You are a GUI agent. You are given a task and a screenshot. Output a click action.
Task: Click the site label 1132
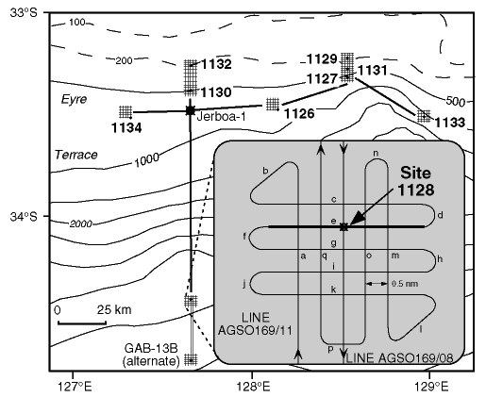click(x=216, y=64)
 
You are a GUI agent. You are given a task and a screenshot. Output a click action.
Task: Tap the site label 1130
click(x=216, y=92)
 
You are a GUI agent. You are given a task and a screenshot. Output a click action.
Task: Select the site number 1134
click(x=126, y=128)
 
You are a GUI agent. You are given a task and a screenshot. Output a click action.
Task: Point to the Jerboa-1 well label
click(x=221, y=117)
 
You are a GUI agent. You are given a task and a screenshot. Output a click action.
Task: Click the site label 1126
click(x=299, y=114)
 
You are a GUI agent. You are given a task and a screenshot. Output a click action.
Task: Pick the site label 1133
click(x=449, y=123)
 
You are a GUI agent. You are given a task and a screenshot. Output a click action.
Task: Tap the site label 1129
click(x=322, y=59)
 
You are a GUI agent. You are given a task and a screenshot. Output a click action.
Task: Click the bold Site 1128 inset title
click(x=416, y=181)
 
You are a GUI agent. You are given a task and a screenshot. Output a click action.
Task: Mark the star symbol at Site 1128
click(x=344, y=227)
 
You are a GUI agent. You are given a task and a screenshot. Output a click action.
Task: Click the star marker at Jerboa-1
click(x=190, y=110)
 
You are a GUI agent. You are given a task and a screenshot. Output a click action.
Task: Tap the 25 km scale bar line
click(x=82, y=323)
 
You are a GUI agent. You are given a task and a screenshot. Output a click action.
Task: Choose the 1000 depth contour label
click(x=147, y=160)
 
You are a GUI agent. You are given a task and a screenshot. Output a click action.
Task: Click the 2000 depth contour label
click(x=81, y=223)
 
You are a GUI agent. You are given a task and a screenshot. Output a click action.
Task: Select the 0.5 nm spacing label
click(x=405, y=284)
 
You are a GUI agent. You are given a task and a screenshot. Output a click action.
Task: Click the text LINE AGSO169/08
click(x=399, y=358)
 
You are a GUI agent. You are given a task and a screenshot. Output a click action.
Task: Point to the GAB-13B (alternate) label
click(x=151, y=355)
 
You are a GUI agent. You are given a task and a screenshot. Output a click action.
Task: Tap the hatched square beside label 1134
click(x=126, y=111)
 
